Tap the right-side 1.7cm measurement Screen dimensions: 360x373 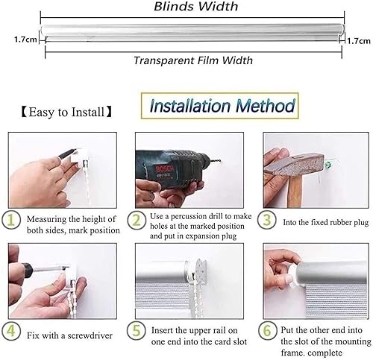coord(359,42)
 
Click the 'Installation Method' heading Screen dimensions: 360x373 coord(222,106)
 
